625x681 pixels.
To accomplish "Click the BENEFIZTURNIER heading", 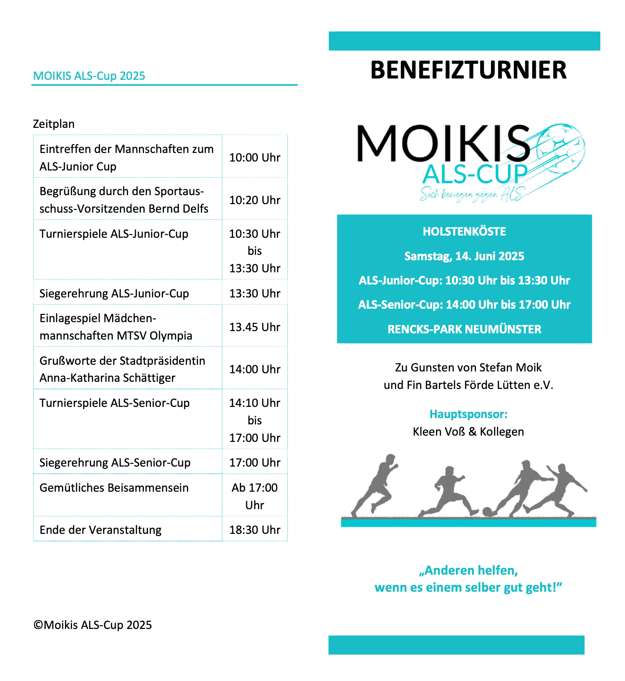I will (x=469, y=70).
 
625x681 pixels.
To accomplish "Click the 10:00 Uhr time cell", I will (x=255, y=157).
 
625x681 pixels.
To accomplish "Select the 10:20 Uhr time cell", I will (x=255, y=200).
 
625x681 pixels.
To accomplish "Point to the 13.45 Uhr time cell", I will (x=255, y=327).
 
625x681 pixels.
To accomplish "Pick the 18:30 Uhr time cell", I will (x=255, y=530).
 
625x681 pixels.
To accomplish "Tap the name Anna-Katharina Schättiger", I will (x=108, y=378).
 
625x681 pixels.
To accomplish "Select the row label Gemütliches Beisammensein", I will (x=114, y=488).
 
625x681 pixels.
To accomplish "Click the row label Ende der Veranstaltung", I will (x=100, y=530).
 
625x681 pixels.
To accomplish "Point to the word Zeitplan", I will (x=54, y=124).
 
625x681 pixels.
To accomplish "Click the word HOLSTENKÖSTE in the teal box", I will (x=464, y=231).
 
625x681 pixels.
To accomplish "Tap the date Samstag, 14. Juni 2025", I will (x=464, y=256).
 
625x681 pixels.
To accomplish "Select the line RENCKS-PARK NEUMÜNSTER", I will (x=464, y=329).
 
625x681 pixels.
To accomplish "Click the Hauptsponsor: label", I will (x=469, y=414).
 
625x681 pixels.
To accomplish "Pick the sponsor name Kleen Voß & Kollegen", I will (x=469, y=432).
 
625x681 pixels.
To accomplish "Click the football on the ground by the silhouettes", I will (x=487, y=511).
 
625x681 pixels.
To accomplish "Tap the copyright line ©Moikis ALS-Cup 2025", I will (x=93, y=625).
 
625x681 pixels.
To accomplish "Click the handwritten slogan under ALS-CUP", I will (x=471, y=194).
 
